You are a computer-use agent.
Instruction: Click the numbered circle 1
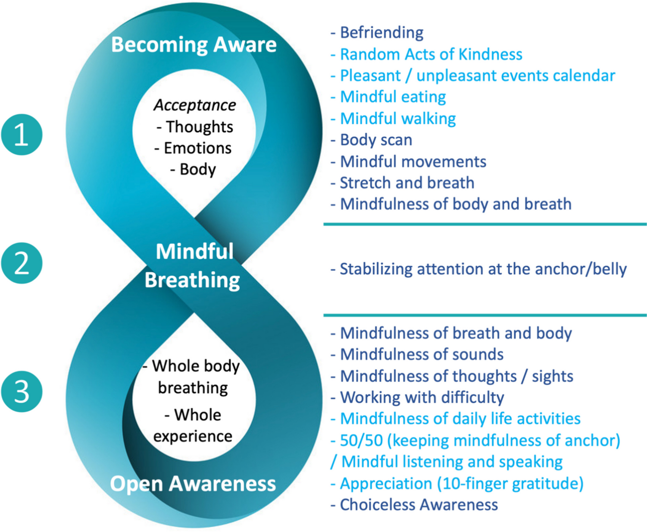pyautogui.click(x=22, y=134)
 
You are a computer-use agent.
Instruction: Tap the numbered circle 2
pyautogui.click(x=22, y=263)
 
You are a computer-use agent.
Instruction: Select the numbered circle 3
pyautogui.click(x=22, y=391)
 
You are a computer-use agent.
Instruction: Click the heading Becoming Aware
pyautogui.click(x=194, y=44)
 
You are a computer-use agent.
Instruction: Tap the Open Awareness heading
pyautogui.click(x=193, y=483)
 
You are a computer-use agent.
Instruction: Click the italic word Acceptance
pyautogui.click(x=195, y=105)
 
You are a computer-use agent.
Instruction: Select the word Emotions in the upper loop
pyautogui.click(x=197, y=148)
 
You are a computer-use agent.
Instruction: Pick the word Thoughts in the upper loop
pyautogui.click(x=199, y=127)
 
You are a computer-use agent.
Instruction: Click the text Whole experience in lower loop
pyautogui.click(x=193, y=425)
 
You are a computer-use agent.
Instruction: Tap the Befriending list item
pyautogui.click(x=381, y=32)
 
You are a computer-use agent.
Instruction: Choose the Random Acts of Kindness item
pyautogui.click(x=431, y=54)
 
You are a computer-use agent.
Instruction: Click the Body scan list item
pyautogui.click(x=376, y=140)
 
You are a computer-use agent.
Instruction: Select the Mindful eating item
pyautogui.click(x=393, y=97)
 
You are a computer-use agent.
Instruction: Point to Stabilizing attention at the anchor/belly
pyautogui.click(x=483, y=269)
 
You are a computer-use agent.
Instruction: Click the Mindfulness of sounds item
pyautogui.click(x=422, y=354)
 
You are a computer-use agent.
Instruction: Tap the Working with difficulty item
pyautogui.click(x=422, y=397)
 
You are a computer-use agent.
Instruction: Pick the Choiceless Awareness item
pyautogui.click(x=419, y=504)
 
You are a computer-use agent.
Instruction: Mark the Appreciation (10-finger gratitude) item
pyautogui.click(x=461, y=483)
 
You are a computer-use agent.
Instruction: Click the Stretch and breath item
pyautogui.click(x=407, y=183)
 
